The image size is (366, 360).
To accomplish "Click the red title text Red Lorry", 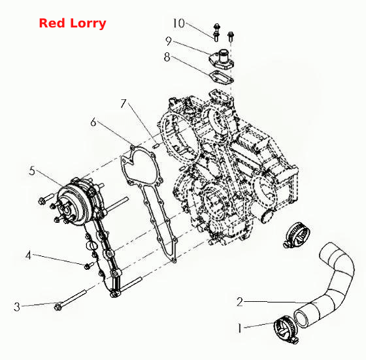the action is click(73, 24).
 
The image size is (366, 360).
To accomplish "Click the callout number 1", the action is click(239, 328).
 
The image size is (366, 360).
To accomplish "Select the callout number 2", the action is click(240, 302).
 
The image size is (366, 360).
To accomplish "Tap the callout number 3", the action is click(17, 306).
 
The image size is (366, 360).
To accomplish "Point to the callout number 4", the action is click(28, 255).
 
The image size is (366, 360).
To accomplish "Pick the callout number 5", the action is click(32, 171).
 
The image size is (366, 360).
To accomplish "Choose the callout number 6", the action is click(93, 122).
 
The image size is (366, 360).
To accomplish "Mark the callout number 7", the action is click(124, 103).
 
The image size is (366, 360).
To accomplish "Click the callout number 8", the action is click(167, 57).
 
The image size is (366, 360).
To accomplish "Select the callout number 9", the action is click(169, 41).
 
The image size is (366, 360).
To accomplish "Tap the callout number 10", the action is click(178, 23).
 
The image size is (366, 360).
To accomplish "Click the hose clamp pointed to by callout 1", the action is click(286, 329).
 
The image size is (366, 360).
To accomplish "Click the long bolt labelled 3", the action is click(71, 299).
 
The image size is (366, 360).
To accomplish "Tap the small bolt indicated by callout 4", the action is click(89, 265).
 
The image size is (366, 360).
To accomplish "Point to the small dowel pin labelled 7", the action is click(156, 145).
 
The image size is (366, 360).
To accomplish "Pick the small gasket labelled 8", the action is click(222, 77).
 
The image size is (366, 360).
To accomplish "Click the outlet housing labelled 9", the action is click(222, 59).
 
